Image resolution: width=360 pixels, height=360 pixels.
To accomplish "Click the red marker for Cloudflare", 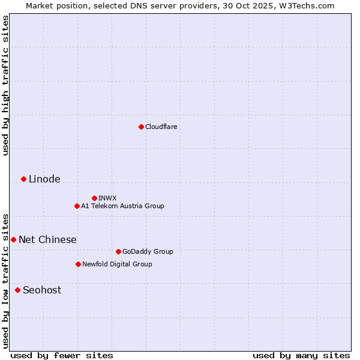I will pos(141,127).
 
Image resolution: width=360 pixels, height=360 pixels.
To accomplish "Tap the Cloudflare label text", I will pos(161,127).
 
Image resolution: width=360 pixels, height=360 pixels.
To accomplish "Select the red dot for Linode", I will pos(23,179).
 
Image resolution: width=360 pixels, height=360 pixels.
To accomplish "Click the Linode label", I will pos(44,179).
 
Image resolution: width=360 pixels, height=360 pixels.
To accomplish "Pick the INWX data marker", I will pos(94,198).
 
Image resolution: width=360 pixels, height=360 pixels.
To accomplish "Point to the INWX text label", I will pos(108,198).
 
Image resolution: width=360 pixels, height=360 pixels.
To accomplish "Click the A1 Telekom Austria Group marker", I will pos(77,206).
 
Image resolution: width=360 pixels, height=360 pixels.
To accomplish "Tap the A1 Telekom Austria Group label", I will pos(123,206).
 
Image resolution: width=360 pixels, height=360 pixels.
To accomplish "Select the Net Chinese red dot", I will pos(13,239).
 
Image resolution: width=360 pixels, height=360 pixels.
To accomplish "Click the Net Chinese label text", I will pos(47,239).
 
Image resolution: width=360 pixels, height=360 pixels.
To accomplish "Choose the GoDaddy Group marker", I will pos(118,251).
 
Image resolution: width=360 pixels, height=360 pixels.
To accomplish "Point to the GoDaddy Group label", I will pos(148,251).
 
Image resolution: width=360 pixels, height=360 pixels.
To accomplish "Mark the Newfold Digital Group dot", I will pos(78,264).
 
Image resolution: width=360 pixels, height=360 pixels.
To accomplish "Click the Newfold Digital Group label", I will pos(118,264).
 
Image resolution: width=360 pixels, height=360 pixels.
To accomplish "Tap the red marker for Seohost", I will pos(17,290).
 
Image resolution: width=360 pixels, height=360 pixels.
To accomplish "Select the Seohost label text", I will pos(42,290).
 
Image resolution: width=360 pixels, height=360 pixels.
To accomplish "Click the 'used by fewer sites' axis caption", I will pos(62,355).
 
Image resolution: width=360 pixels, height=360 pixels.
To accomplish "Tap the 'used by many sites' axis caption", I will pos(301,355).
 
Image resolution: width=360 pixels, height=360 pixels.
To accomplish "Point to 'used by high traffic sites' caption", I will pos(5,85).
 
